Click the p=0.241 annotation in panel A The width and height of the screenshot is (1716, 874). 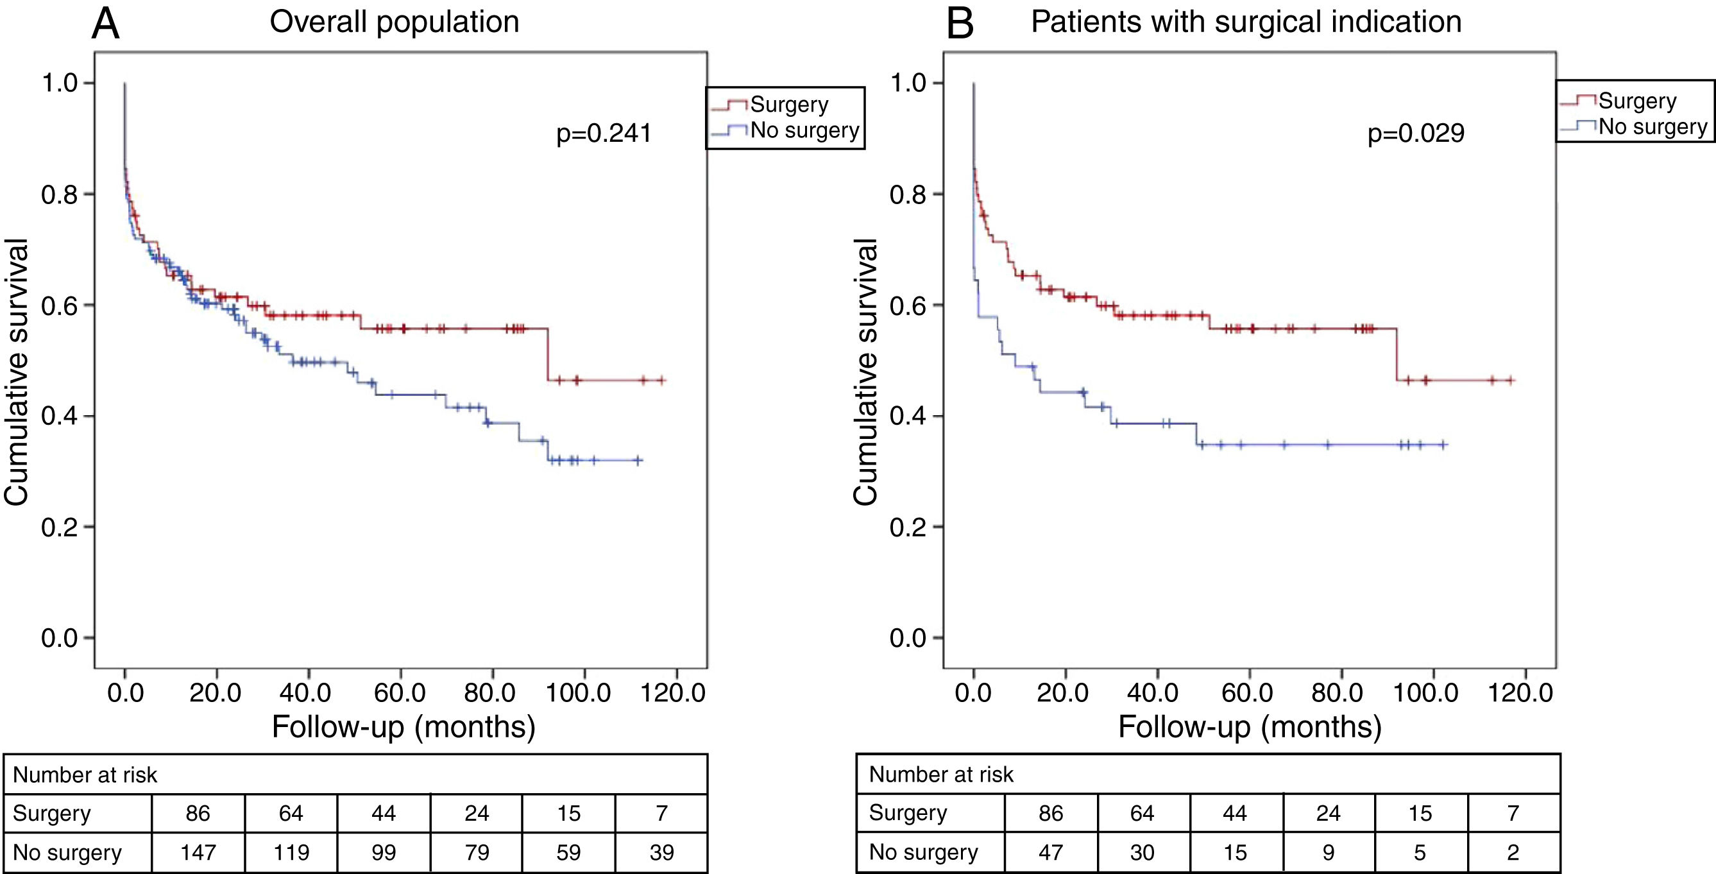tap(604, 134)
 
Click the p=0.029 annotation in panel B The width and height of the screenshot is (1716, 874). tap(1416, 134)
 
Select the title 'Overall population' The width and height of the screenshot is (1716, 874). tap(395, 22)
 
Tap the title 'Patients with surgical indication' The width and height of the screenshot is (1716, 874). tap(1246, 22)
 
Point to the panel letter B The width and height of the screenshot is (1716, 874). tap(960, 24)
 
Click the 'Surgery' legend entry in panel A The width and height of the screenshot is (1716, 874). tap(790, 105)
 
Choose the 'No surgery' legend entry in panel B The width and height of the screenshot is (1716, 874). tap(1652, 126)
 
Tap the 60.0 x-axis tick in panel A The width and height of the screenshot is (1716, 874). tap(400, 693)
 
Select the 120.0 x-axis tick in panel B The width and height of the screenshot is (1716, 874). tap(1525, 693)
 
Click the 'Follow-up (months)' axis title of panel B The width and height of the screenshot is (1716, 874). tap(1250, 726)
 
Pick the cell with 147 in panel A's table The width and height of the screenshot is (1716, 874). tap(198, 852)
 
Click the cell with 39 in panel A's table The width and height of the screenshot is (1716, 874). tap(661, 852)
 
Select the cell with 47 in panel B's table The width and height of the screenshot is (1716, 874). tap(1051, 852)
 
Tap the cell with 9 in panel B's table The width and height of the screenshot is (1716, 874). tap(1328, 852)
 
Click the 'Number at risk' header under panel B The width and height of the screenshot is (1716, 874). tap(940, 774)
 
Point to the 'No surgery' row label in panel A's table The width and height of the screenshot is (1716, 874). tap(67, 852)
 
